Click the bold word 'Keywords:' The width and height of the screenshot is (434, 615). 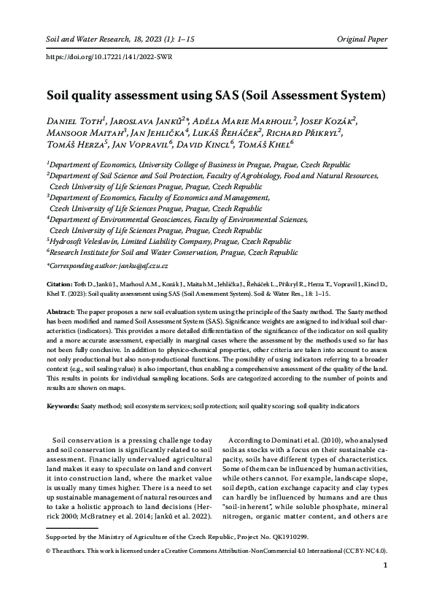point(63,405)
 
